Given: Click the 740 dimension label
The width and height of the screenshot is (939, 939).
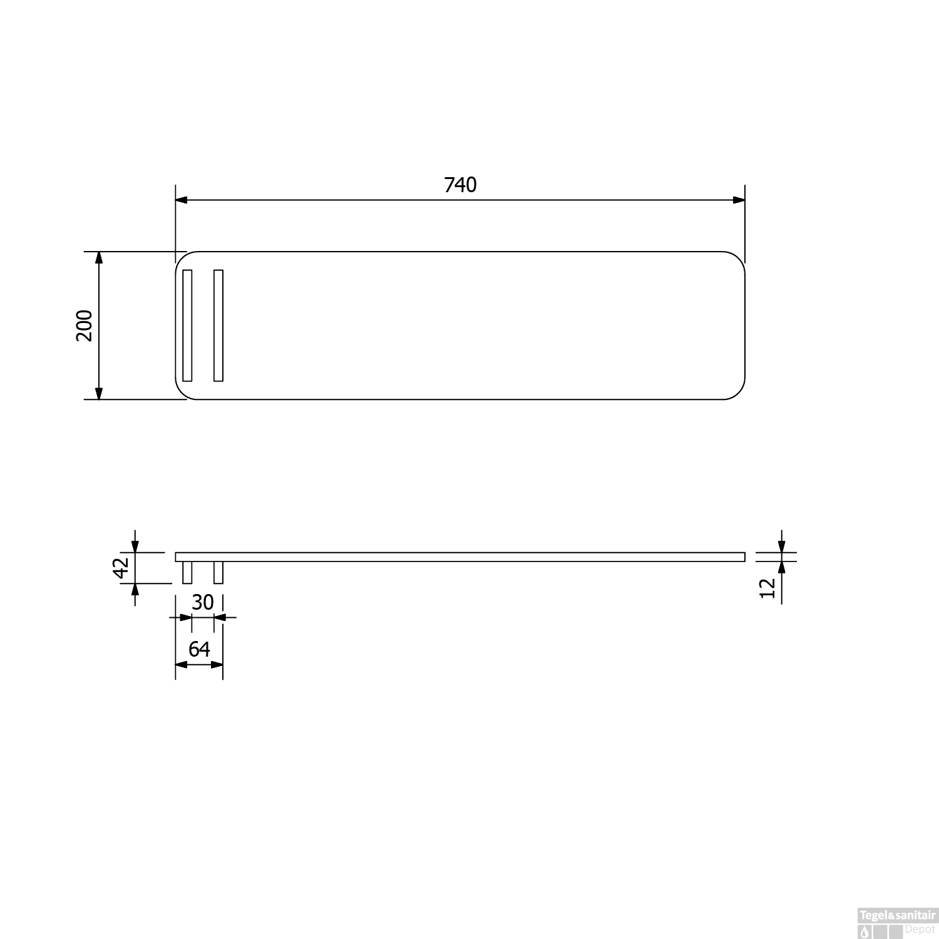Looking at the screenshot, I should pos(460,185).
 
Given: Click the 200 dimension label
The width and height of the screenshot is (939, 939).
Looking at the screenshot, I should pos(85,325).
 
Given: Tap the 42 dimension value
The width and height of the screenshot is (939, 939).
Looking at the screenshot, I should pos(121,568).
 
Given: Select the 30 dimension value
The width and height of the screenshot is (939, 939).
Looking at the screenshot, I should pos(202,602).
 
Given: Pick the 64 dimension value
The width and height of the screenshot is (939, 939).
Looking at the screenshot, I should pos(199,649).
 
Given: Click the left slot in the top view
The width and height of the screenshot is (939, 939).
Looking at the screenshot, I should pos(187,325).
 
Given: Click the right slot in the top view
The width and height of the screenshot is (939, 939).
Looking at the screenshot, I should pos(218,325).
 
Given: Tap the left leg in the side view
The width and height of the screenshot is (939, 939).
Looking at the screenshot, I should pos(187,572).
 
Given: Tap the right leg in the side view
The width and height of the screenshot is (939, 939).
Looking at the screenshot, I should pos(218,572).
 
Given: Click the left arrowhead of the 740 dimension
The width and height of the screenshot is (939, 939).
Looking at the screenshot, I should pos(182,200).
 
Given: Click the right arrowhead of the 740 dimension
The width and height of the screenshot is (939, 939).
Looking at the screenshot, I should pos(739,200).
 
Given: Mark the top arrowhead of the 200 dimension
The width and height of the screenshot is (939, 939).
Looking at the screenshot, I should pos(98,258).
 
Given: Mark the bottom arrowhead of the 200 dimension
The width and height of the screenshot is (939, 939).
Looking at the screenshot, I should pos(98,393).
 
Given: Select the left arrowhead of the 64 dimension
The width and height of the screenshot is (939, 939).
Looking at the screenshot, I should pos(181,664).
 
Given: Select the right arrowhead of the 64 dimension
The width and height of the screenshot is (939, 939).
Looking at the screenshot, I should pos(217,664).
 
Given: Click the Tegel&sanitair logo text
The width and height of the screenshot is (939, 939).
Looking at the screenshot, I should pos(896,915).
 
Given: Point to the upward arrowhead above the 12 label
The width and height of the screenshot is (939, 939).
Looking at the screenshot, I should pos(781,567).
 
